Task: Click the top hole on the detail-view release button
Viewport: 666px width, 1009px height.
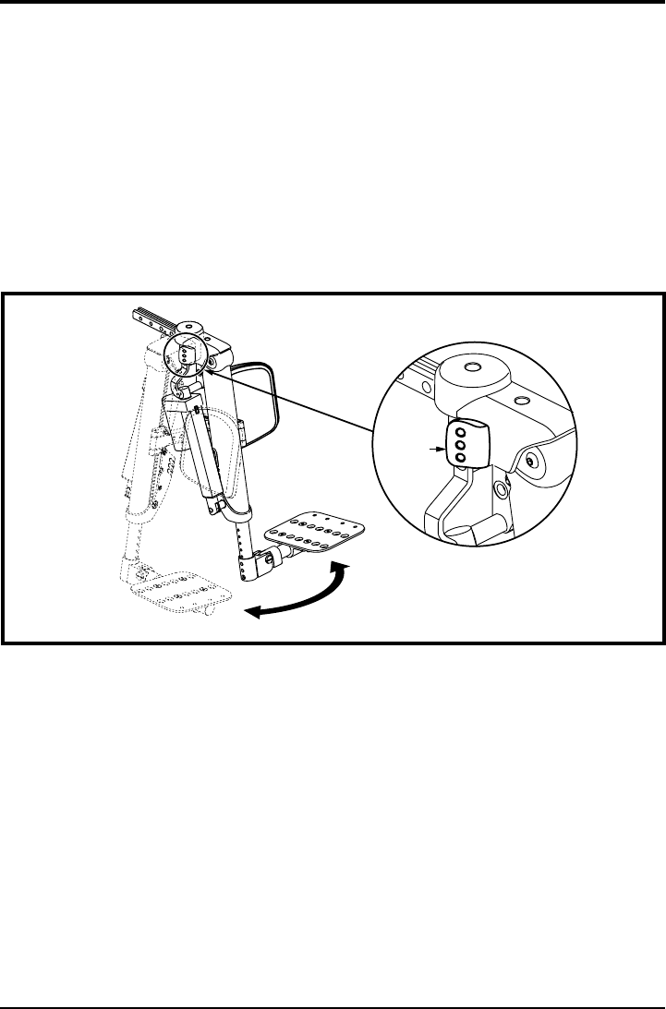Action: pyautogui.click(x=461, y=433)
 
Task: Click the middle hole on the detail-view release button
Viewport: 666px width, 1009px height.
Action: pyautogui.click(x=461, y=445)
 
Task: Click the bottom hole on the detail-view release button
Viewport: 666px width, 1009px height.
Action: pyautogui.click(x=461, y=457)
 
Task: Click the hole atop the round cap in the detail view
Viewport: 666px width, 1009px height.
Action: pyautogui.click(x=474, y=367)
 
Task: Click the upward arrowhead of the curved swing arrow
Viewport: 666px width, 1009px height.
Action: pyautogui.click(x=344, y=565)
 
